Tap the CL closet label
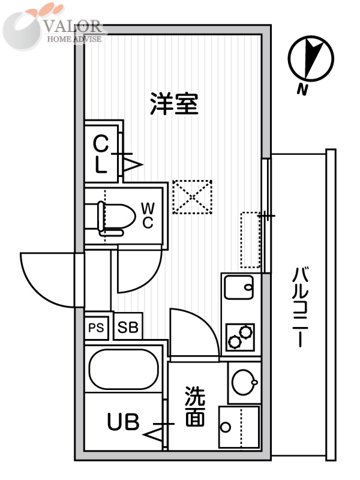point(102,153)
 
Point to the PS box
point(96,327)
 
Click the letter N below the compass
point(302,91)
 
